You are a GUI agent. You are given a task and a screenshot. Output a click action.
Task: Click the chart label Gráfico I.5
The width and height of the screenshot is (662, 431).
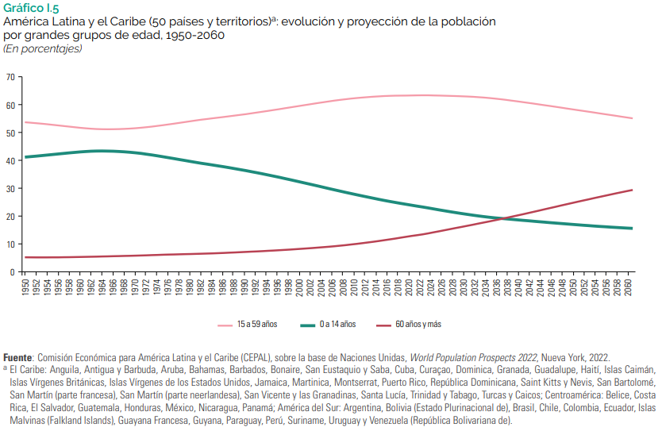tap(31, 8)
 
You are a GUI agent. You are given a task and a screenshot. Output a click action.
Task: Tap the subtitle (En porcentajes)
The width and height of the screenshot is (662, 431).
tap(43, 49)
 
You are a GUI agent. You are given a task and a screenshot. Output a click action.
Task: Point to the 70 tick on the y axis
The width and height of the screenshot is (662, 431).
tap(10, 77)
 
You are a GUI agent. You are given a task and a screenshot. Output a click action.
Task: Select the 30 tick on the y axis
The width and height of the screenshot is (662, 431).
tap(10, 188)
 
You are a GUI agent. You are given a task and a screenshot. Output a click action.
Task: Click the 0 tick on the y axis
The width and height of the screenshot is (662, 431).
tap(13, 272)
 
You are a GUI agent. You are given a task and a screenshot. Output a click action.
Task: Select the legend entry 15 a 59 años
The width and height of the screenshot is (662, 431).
tap(256, 325)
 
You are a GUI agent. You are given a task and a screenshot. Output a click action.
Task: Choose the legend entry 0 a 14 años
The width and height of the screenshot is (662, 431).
tap(338, 325)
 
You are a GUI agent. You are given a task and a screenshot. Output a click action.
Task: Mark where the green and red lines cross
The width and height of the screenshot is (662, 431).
tap(502, 218)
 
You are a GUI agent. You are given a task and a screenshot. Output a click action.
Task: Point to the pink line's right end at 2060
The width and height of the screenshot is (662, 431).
tap(631, 118)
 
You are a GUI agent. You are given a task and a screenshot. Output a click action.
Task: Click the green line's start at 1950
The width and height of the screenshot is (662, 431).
tap(26, 157)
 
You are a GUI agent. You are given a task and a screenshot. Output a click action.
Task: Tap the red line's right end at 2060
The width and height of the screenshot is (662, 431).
tap(631, 190)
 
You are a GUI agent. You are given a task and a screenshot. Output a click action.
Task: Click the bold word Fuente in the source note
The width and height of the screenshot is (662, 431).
tap(18, 358)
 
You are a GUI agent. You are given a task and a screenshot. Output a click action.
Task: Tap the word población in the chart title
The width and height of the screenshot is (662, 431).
tap(468, 21)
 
